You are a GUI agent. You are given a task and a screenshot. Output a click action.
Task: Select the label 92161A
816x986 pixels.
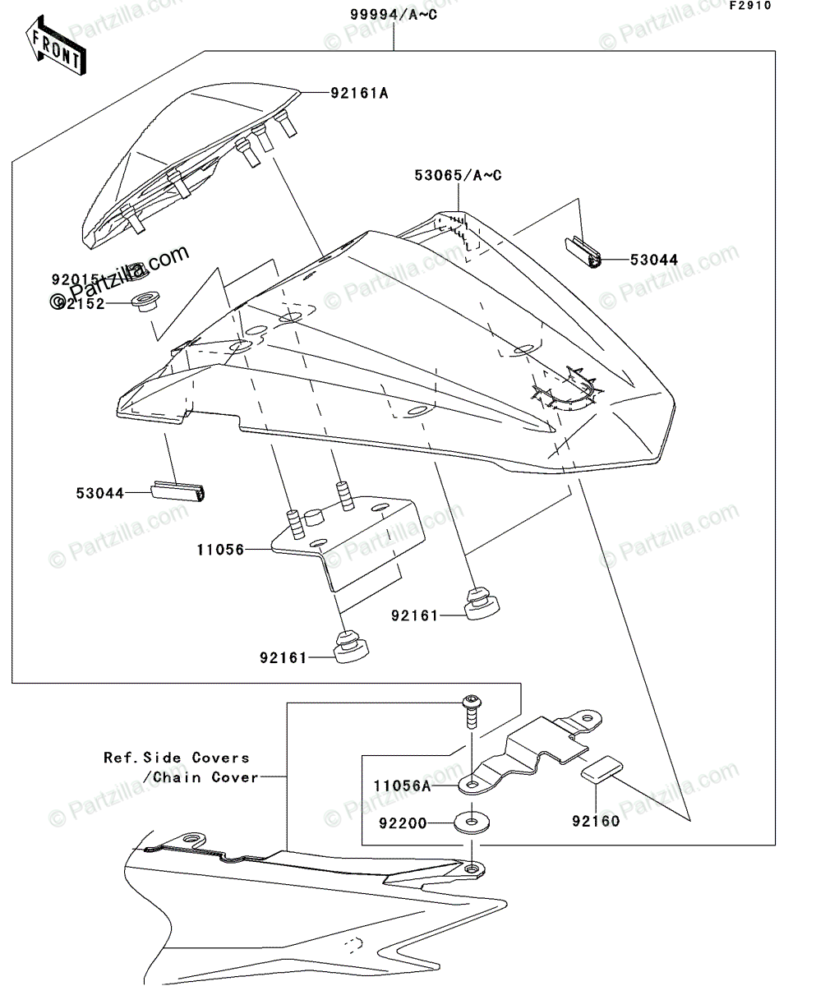coord(359,93)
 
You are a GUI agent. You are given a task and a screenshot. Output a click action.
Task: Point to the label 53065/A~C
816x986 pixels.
coord(458,175)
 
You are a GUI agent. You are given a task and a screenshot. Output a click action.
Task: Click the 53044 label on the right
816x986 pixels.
coord(654,260)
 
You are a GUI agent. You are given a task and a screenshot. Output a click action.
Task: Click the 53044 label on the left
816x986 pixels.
coord(99,493)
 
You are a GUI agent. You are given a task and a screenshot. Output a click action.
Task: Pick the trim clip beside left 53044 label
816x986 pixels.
coord(180,492)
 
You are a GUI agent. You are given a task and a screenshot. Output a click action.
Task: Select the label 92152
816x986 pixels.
coord(81,302)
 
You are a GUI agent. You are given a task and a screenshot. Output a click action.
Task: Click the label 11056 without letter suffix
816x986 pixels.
coord(220,550)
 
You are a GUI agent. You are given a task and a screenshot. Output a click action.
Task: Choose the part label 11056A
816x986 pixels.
coord(402,786)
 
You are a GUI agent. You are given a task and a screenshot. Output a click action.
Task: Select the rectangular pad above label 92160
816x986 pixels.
coord(601,771)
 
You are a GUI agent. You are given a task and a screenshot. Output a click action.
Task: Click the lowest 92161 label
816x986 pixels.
coord(284,657)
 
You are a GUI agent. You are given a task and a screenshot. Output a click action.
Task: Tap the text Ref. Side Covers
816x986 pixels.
coord(176,758)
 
